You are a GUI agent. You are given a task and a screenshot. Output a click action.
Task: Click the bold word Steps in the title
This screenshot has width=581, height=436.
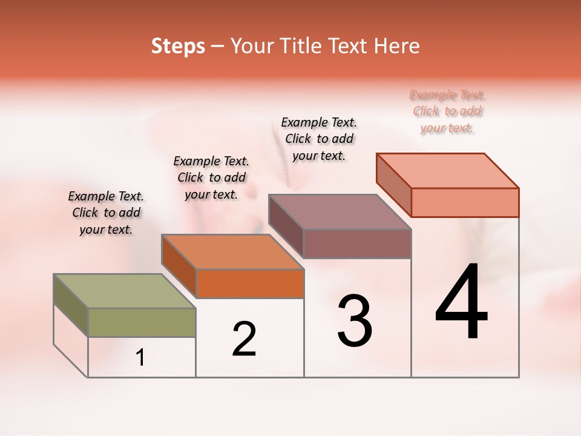(178, 46)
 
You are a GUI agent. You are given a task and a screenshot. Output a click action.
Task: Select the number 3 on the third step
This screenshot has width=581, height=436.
(355, 321)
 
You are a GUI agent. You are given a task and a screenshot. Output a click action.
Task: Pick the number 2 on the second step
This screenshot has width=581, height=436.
(245, 339)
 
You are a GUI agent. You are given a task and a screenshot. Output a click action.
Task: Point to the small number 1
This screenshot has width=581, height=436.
(140, 358)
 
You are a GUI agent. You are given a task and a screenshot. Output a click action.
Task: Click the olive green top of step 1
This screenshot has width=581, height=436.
(124, 291)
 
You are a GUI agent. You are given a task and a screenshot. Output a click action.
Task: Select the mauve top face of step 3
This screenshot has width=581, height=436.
(339, 211)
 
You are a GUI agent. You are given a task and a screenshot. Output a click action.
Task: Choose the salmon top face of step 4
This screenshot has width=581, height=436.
(448, 170)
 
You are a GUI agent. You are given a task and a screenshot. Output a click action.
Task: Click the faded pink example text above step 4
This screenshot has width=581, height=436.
(447, 111)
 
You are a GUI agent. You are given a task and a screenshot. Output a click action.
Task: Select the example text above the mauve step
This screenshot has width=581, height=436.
(319, 139)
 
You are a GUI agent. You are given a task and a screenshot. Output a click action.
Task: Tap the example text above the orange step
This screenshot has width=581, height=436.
(211, 177)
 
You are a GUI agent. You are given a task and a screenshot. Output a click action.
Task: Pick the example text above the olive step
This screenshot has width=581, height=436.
(106, 213)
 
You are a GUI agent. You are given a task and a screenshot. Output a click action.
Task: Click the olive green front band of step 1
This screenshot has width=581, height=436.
(142, 322)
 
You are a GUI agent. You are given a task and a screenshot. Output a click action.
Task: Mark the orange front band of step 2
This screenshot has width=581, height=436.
(249, 283)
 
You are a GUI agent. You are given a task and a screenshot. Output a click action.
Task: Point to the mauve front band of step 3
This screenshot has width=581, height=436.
(357, 243)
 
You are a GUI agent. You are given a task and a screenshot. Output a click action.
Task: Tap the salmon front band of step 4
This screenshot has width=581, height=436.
(465, 202)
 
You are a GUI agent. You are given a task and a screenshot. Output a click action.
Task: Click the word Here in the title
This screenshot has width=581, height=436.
(398, 46)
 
